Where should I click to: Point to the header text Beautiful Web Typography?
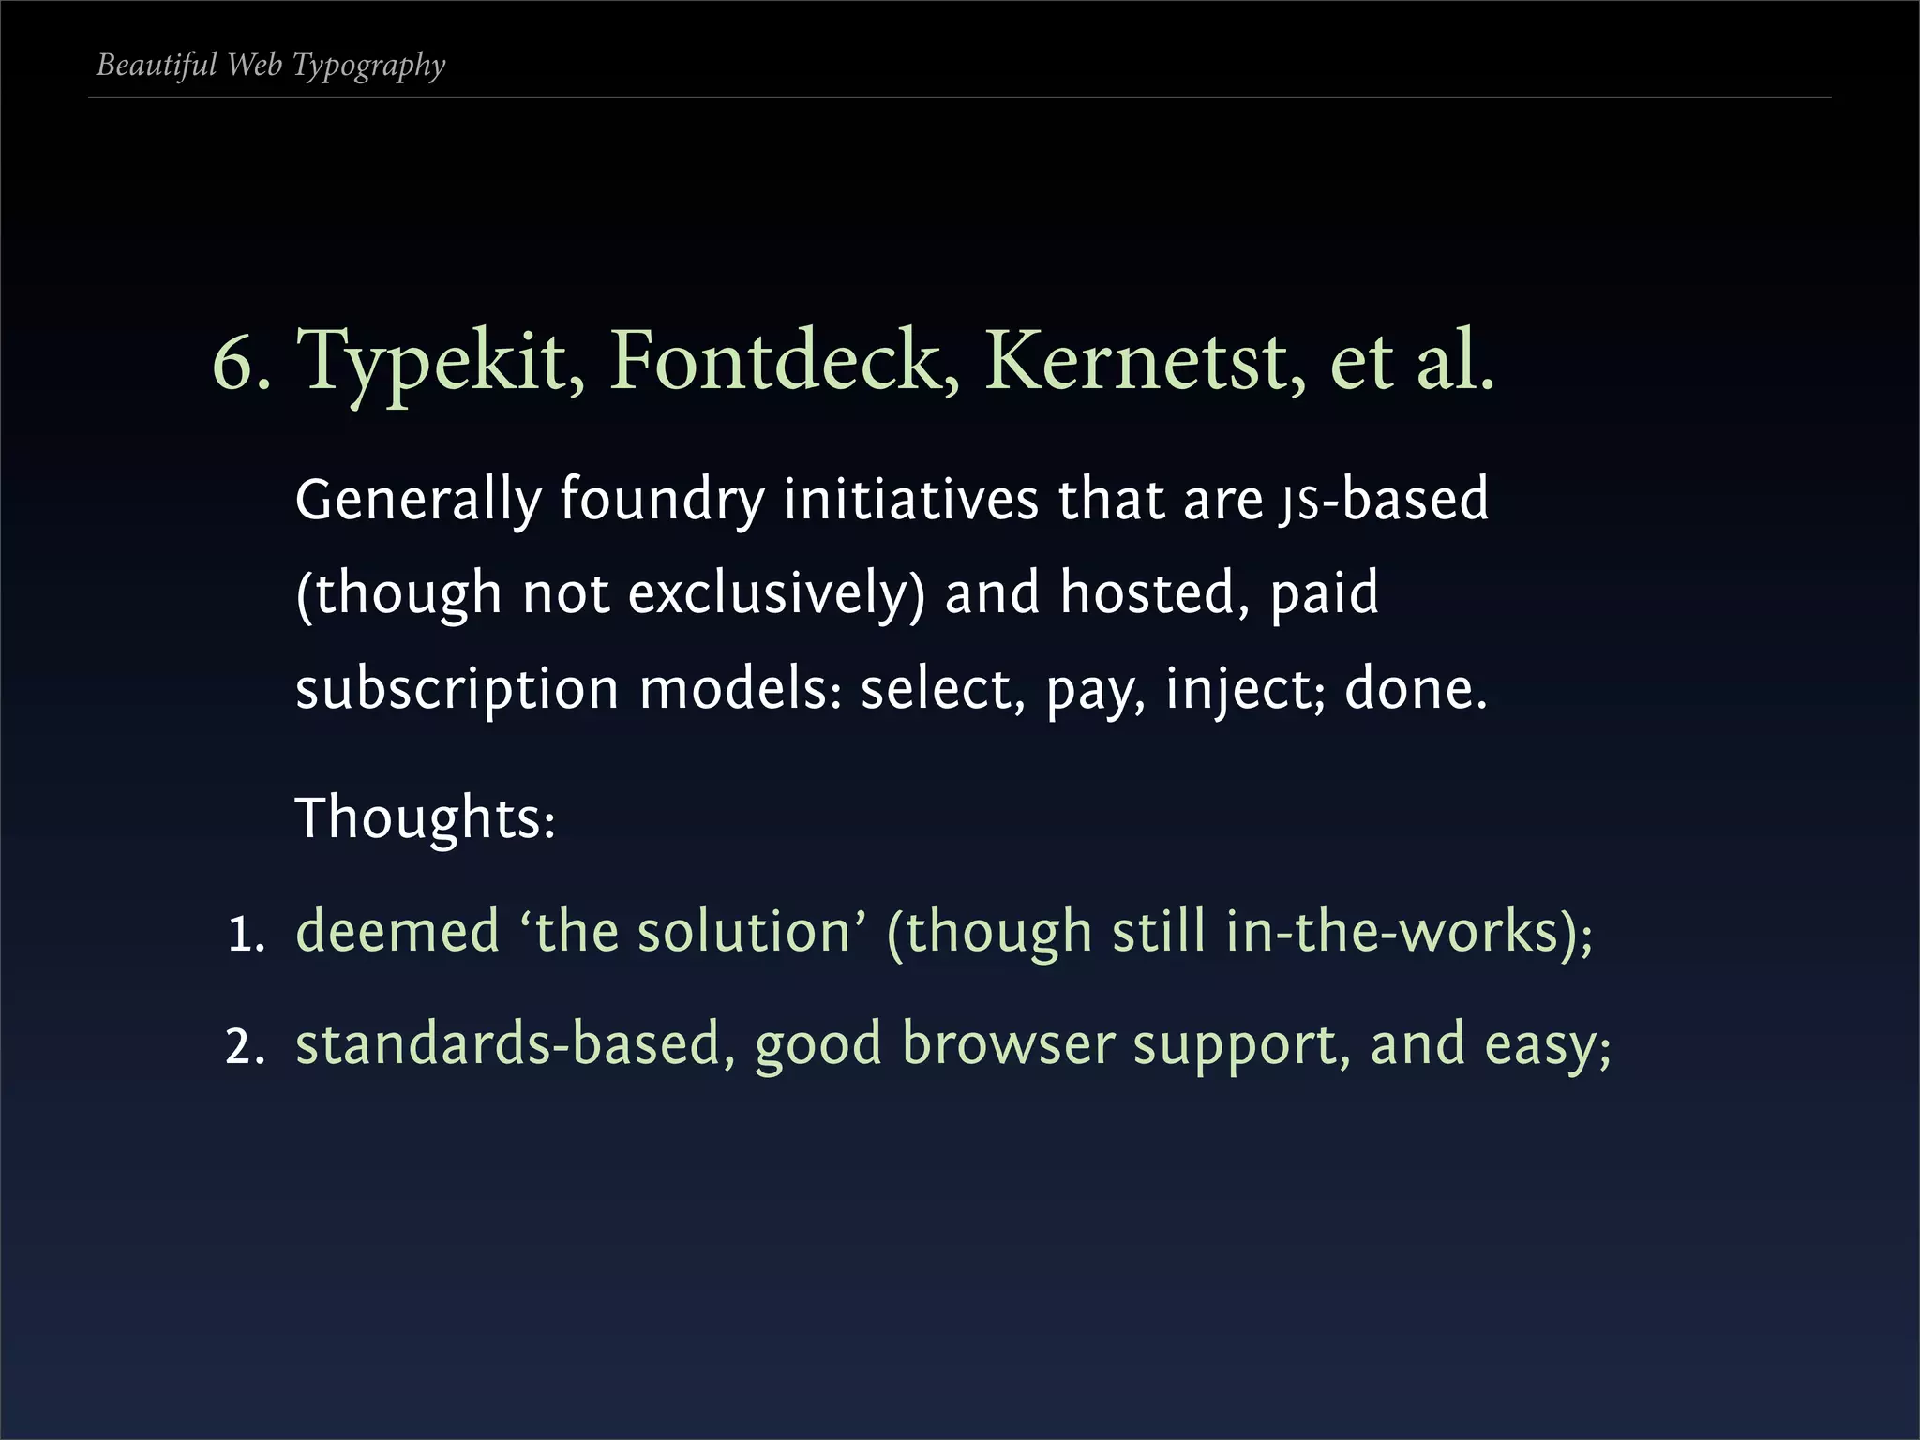coord(271,65)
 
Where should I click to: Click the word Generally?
coord(418,499)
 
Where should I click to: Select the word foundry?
coord(662,499)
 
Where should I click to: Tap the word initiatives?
coord(910,499)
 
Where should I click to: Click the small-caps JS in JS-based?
coord(1298,503)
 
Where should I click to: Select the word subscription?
coord(457,690)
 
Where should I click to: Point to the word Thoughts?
coord(424,817)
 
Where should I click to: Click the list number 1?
coord(246,935)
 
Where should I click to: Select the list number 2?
coord(246,1047)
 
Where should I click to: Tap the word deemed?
coord(397,932)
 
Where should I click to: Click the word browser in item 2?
coord(1008,1044)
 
